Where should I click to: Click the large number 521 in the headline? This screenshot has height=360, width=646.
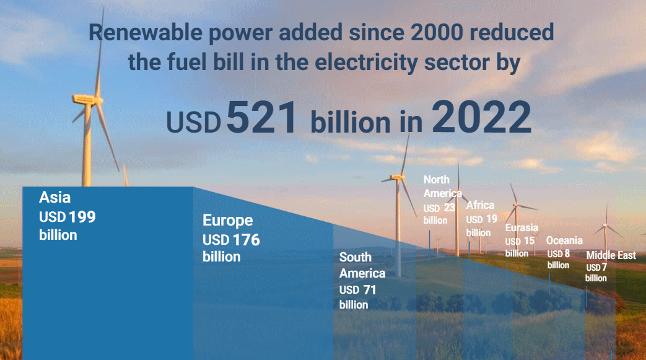point(261,117)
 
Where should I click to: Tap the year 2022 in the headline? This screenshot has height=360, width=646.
point(481,117)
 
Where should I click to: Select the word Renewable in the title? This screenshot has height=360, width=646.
point(146,33)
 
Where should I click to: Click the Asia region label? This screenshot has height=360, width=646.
point(55,198)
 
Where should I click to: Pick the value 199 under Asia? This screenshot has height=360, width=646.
point(82,217)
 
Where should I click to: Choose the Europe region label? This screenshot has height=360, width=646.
point(228,221)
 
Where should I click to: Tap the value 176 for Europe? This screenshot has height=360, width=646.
point(246,240)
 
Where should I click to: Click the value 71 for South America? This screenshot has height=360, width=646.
point(369,290)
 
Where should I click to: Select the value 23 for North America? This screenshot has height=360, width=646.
point(449,208)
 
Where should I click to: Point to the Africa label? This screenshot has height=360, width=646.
point(480,205)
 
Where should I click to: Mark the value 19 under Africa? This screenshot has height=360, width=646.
point(492,219)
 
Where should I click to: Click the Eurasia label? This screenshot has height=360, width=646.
point(522,227)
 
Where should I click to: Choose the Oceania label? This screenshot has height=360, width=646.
point(564,240)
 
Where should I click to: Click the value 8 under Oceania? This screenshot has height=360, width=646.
point(567,253)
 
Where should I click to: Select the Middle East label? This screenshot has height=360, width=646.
point(611,255)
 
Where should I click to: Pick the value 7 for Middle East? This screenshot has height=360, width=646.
point(604,267)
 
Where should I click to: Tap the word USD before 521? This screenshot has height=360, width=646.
point(194,123)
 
